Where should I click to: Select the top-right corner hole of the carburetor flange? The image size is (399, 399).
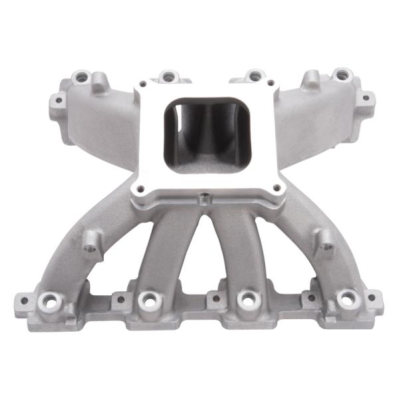271,84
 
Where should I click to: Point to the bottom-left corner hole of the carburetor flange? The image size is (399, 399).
142,188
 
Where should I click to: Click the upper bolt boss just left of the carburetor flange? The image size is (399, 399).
166,76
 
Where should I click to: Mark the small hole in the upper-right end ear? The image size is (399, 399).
364,98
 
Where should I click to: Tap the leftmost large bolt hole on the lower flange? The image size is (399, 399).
49,300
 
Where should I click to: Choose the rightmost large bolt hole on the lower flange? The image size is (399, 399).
346,299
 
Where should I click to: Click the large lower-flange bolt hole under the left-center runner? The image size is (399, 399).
148,301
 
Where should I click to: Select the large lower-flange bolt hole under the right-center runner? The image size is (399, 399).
247,301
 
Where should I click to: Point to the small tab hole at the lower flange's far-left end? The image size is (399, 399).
24,301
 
